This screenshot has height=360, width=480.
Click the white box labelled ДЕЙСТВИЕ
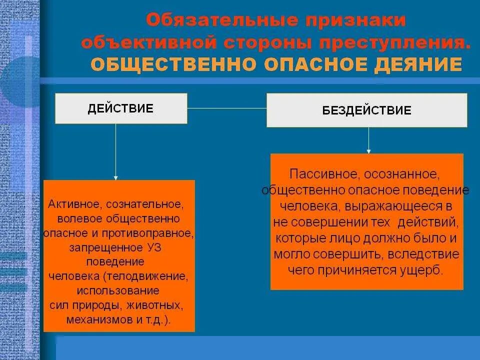pyautogui.click(x=120, y=108)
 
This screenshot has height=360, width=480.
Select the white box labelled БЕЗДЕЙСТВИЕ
pyautogui.click(x=366, y=110)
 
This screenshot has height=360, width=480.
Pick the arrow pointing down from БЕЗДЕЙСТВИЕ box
pyautogui.click(x=368, y=140)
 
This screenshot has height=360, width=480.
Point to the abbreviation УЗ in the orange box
pyautogui.click(x=153, y=247)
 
